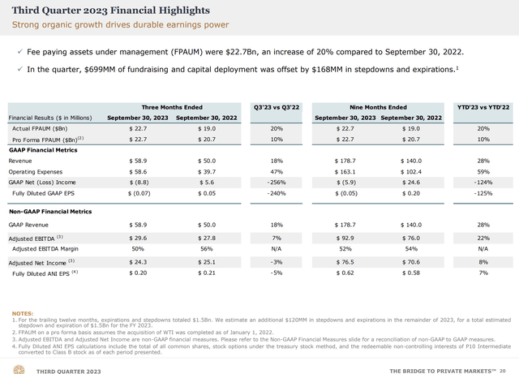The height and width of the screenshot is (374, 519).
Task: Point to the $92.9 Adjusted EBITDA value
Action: pyautogui.click(x=346, y=235)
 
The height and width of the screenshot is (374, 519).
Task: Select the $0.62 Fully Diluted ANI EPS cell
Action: pyautogui.click(x=346, y=273)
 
